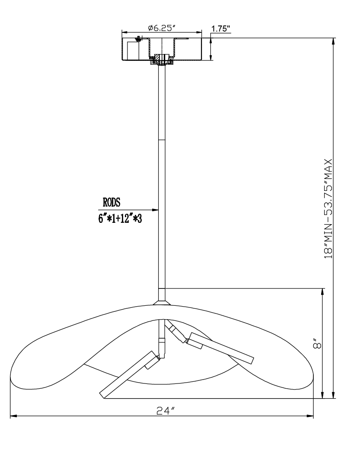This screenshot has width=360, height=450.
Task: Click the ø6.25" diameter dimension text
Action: click(162, 28)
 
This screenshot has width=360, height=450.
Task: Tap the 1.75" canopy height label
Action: click(221, 29)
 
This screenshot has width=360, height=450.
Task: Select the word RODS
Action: click(112, 203)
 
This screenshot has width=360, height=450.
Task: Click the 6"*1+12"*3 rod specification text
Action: click(120, 219)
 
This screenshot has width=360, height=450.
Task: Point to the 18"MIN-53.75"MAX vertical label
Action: click(328, 209)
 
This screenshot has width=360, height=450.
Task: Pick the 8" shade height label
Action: click(317, 344)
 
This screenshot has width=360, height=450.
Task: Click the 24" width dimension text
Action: click(166, 411)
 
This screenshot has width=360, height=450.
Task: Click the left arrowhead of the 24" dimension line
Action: click(14, 415)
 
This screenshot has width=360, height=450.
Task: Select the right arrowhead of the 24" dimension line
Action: click(310, 415)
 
